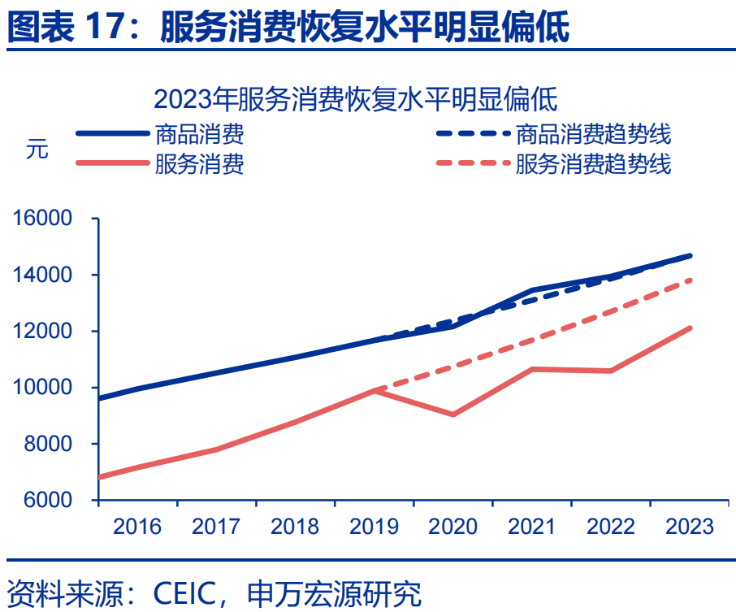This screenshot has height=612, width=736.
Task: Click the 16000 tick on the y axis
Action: click(x=42, y=219)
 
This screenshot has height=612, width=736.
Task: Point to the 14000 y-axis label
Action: click(x=42, y=276)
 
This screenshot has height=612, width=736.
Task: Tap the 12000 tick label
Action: click(x=42, y=332)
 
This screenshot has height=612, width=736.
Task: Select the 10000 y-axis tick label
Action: click(x=42, y=388)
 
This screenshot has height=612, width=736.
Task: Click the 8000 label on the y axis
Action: click(x=48, y=444)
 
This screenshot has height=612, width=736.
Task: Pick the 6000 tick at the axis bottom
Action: click(x=48, y=500)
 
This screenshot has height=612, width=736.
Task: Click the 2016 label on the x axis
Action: click(x=137, y=527)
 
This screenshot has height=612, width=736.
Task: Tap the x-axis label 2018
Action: click(x=295, y=527)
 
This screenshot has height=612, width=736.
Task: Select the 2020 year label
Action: click(x=453, y=527)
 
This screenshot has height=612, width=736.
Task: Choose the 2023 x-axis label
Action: click(x=690, y=527)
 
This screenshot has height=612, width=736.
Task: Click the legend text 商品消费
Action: click(x=199, y=133)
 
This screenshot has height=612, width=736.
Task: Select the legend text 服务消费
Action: click(x=199, y=164)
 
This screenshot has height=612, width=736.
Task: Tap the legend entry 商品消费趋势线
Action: click(x=593, y=133)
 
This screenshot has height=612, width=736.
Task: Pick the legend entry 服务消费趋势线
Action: click(x=593, y=164)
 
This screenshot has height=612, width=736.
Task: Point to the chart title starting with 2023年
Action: click(x=355, y=100)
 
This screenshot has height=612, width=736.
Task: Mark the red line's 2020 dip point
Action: click(x=452, y=415)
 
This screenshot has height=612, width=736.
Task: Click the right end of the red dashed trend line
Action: click(x=691, y=280)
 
